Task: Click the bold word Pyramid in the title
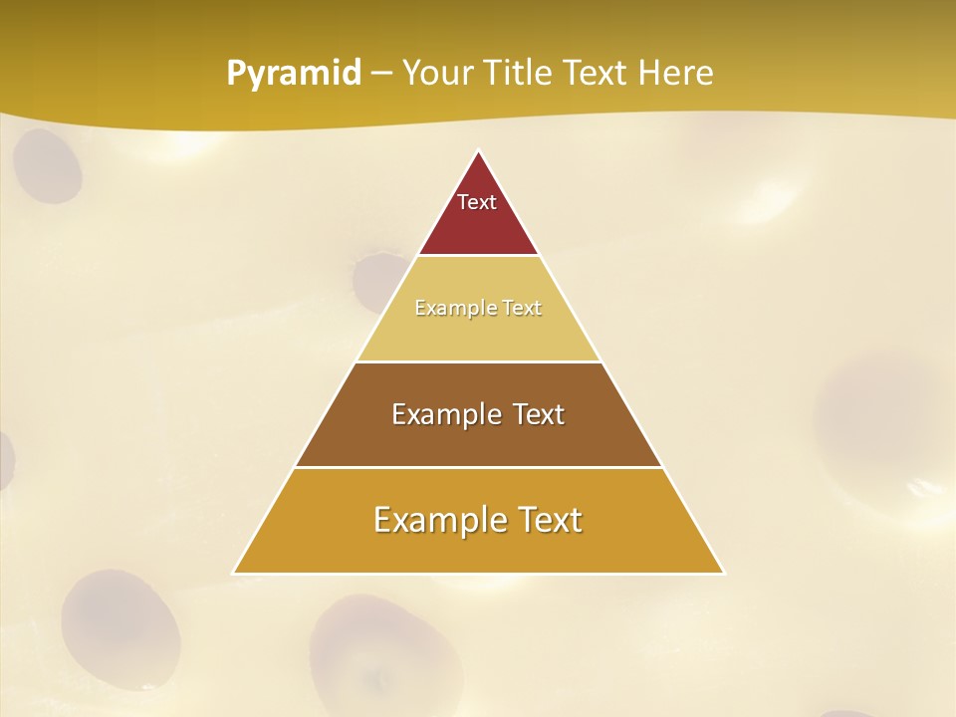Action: pos(294,74)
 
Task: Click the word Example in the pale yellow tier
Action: pos(450,309)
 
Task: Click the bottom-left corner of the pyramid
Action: pos(235,573)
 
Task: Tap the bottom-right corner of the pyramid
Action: pos(723,573)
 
